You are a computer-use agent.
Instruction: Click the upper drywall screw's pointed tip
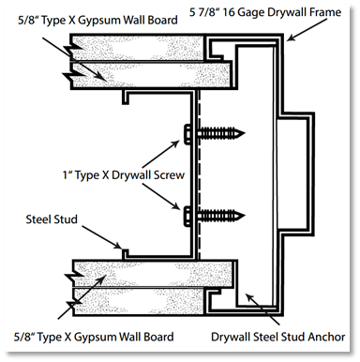(245, 133)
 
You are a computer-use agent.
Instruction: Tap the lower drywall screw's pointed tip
(245, 216)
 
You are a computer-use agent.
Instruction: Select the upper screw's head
(187, 134)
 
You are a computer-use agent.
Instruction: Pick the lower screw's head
(187, 216)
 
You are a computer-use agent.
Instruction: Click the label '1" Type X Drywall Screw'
(124, 175)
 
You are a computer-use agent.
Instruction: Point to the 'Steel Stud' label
(52, 219)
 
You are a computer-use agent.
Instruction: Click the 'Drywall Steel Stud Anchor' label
(278, 337)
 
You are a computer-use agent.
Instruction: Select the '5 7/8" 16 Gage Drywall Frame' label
(265, 12)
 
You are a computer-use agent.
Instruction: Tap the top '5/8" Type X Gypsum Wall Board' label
(97, 21)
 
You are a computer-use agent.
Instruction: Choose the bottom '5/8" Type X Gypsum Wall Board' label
(94, 337)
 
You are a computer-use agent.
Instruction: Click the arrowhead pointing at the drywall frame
(292, 38)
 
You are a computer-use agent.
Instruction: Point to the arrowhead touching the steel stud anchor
(249, 297)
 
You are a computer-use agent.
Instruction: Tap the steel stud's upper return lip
(126, 98)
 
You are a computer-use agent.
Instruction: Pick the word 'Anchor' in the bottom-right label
(326, 337)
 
